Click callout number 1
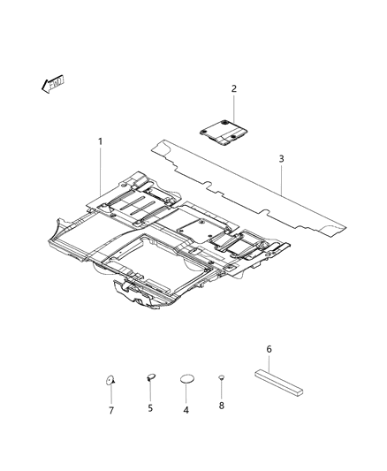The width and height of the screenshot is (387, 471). click(100, 141)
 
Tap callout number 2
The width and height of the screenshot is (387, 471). click(234, 88)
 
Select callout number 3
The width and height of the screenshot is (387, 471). click(281, 159)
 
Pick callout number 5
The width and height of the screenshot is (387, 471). click(150, 408)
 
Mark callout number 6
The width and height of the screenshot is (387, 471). click(269, 349)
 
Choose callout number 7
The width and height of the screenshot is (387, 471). click(111, 410)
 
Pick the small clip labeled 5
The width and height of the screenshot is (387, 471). click(150, 377)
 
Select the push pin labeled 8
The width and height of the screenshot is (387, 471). click(221, 379)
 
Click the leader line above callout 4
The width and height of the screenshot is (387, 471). click(186, 394)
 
